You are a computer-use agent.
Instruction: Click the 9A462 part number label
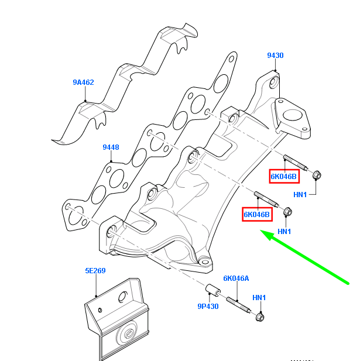[x=83, y=82]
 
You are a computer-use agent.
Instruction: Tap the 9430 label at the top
[x=275, y=56]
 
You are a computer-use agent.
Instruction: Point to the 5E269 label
[x=95, y=271]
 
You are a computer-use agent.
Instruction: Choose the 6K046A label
[x=236, y=279]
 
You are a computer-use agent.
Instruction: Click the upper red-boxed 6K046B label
[x=284, y=176]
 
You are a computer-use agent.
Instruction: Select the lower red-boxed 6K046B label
[x=257, y=215]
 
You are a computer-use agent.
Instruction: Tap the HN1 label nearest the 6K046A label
[x=259, y=298]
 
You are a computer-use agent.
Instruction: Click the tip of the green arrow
[x=262, y=234]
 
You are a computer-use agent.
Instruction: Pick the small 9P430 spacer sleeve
[x=211, y=290]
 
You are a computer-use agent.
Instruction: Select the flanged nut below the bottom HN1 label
[x=259, y=317]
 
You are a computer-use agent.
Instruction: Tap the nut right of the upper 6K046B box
[x=316, y=175]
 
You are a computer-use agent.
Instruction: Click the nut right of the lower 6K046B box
[x=287, y=211]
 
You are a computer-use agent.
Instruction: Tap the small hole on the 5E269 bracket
[x=101, y=308]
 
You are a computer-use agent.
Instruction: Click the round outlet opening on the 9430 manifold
[x=291, y=114]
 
